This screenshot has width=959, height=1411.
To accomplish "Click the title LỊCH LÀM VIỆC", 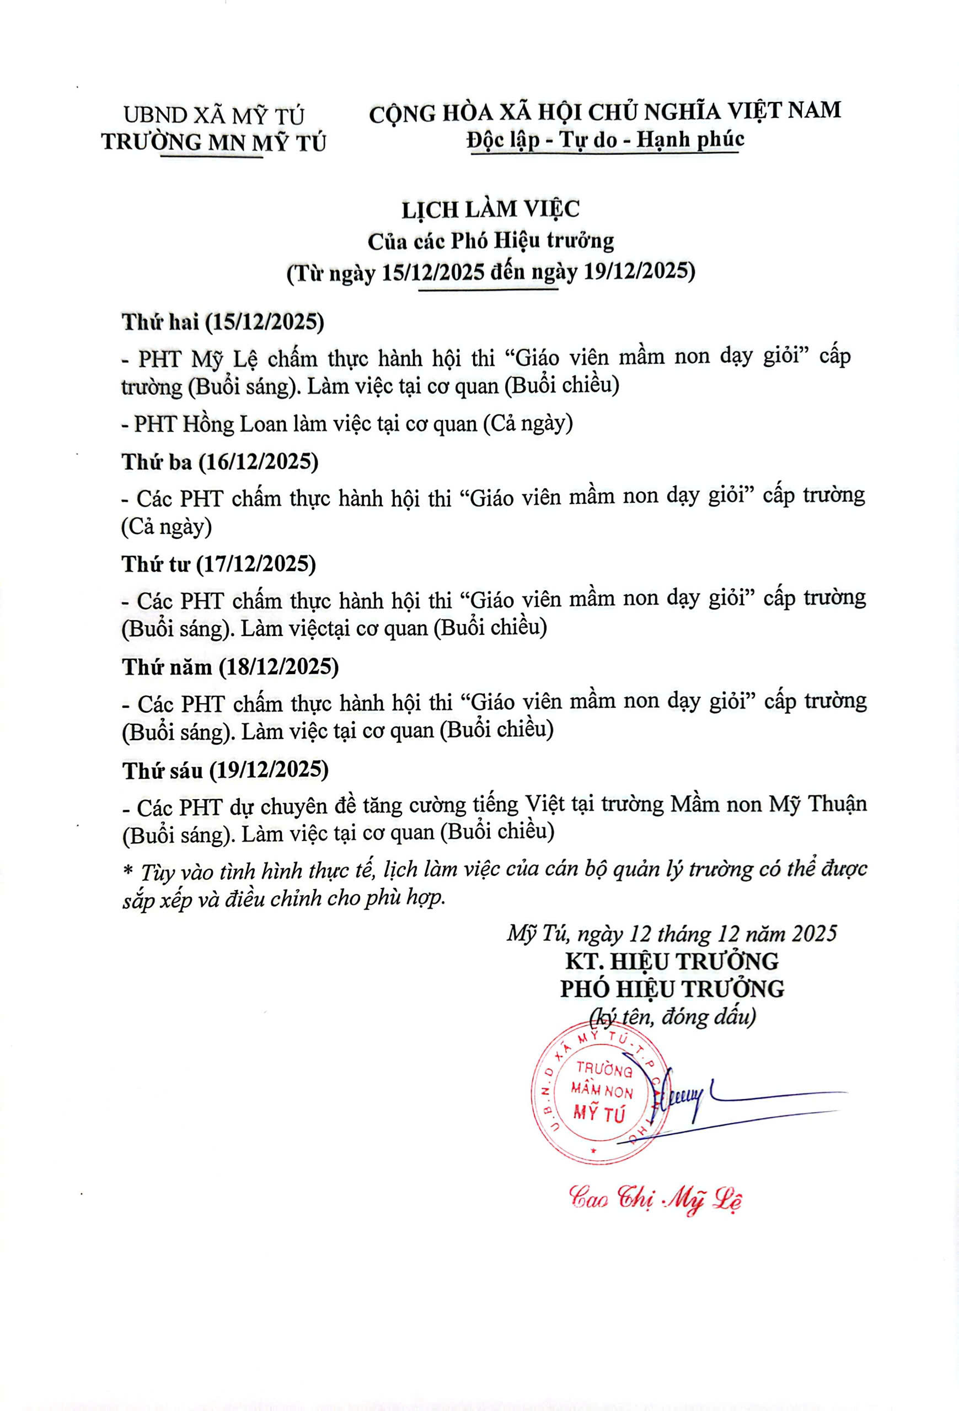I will (490, 209).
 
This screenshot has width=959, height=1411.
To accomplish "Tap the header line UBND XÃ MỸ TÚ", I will (214, 115).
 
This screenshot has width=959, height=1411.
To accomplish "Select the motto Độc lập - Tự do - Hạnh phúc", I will (605, 139).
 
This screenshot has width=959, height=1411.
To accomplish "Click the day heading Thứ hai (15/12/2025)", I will (223, 322).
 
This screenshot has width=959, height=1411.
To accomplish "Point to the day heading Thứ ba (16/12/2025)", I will (220, 462).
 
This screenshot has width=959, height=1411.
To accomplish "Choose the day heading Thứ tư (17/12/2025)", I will (218, 564).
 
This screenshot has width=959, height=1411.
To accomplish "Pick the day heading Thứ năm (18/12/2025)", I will (230, 667).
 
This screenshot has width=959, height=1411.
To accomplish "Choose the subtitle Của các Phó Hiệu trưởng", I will (490, 241).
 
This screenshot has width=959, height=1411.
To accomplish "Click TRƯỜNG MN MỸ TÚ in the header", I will (214, 143).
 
